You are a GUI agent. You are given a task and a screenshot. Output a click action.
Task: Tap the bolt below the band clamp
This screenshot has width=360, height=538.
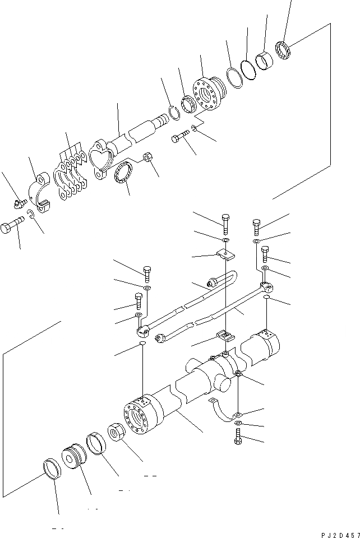point(238,438)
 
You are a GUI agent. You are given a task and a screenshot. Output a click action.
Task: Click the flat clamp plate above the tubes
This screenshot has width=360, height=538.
point(227,256)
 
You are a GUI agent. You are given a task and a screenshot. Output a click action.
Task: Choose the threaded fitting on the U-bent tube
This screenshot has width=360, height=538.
point(212,280)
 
